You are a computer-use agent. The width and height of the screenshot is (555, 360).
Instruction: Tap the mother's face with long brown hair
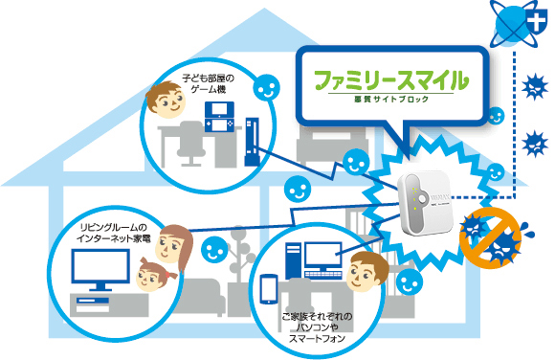pos(172,245)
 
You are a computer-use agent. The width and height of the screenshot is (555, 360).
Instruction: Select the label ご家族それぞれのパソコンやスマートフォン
pos(317,326)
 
